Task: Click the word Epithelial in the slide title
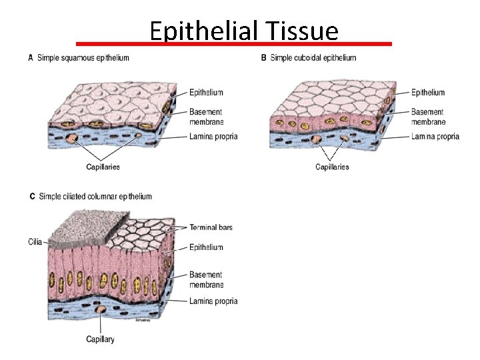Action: [204, 31]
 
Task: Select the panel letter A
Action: [31, 58]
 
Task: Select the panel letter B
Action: [264, 58]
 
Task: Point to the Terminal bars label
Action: [211, 227]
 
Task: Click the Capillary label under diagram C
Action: [100, 339]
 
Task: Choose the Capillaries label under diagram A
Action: [103, 167]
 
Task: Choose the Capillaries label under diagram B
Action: [332, 167]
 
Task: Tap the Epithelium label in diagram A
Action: [206, 92]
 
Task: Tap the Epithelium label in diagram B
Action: [428, 92]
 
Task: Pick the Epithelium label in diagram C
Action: [206, 247]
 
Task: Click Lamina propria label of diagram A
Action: [213, 137]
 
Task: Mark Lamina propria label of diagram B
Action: [435, 137]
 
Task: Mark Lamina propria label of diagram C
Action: [213, 301]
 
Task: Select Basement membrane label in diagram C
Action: [206, 279]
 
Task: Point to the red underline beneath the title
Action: [233, 43]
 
